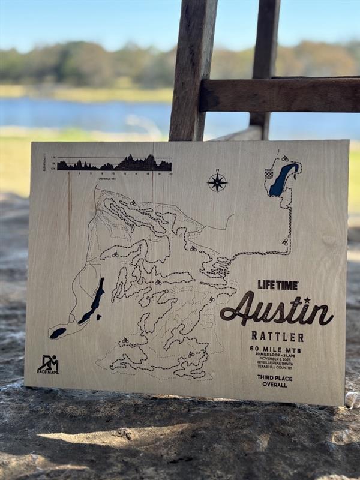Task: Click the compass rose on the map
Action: [x=217, y=182]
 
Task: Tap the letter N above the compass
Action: [x=217, y=170]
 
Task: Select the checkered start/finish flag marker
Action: [x=269, y=173]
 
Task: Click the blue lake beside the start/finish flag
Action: [x=282, y=180]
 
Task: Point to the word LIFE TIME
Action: [x=278, y=285]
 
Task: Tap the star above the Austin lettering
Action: [x=307, y=299]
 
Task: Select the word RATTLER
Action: [x=277, y=337]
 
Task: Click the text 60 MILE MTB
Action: [x=277, y=349]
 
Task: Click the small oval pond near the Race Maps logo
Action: [x=58, y=332]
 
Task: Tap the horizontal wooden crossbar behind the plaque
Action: [x=280, y=95]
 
